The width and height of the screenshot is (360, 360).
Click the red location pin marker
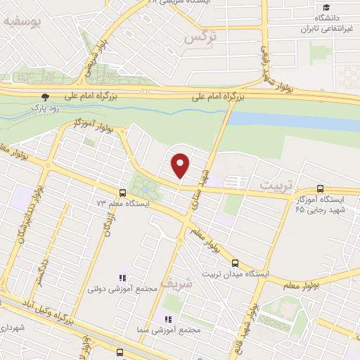point(181,165)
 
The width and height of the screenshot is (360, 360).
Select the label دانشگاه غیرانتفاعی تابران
point(320,23)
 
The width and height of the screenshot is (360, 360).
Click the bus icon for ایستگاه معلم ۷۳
point(123,192)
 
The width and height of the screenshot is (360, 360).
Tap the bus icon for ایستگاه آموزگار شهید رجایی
point(321,188)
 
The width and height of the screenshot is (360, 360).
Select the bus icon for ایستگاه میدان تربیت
point(235,264)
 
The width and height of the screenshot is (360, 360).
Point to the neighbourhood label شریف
point(175,282)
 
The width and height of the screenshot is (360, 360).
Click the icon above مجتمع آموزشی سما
point(166,319)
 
